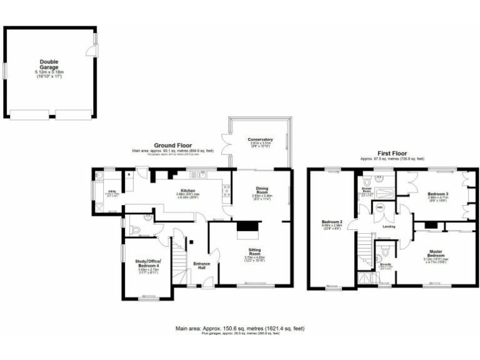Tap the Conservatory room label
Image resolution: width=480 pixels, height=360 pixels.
click(x=260, y=139)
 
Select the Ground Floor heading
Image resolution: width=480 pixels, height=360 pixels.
click(x=172, y=145)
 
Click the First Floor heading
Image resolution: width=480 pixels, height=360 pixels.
click(x=392, y=153)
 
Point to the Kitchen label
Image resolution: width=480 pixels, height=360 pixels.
click(x=188, y=191)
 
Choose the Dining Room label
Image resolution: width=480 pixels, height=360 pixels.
click(x=262, y=190)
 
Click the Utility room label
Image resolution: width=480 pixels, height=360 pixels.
click(x=113, y=192)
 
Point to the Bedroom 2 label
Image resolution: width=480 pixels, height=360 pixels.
click(x=332, y=223)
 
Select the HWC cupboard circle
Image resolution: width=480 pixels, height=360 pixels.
click(x=379, y=207)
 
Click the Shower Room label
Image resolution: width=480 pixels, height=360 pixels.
click(x=367, y=191)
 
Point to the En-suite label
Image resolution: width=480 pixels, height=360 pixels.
click(x=386, y=265)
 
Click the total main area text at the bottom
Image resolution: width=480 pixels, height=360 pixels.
click(x=240, y=327)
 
